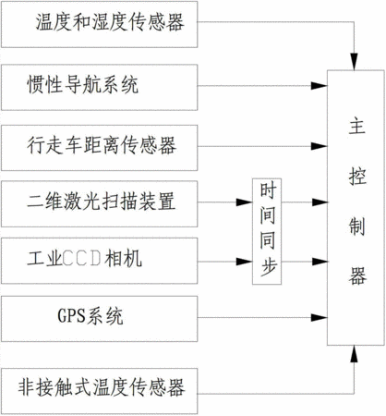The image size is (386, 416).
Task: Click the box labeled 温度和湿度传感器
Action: [99, 24]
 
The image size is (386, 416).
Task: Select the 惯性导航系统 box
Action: [99, 87]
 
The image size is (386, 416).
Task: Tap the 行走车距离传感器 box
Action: [99, 148]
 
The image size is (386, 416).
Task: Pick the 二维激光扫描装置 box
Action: [99, 204]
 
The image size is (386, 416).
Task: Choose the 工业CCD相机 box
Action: [99, 261]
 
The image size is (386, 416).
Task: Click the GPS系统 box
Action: [99, 319]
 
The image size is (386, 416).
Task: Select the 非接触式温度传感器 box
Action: [99, 391]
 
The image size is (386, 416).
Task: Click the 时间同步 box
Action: [267, 231]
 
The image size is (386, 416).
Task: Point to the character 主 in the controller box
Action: [357, 127]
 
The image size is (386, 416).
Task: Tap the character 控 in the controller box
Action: [357, 177]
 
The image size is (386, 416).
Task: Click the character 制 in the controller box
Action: [357, 226]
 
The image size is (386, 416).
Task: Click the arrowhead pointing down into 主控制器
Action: [355, 62]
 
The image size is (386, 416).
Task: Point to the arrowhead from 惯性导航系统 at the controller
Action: [319, 86]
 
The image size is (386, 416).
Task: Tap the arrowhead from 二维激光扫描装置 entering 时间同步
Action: [244, 202]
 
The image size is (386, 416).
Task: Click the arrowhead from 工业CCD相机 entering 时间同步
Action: [244, 262]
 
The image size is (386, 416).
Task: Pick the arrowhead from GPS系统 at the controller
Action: [319, 317]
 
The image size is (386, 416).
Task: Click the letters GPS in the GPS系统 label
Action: [71, 315]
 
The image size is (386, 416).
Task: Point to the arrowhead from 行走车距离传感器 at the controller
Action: [319, 146]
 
